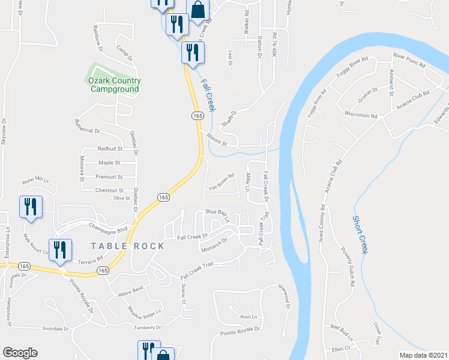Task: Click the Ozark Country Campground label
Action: (x=114, y=85)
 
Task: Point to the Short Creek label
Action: (x=360, y=235)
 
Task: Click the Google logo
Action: (x=20, y=353)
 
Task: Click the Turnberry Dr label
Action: (x=147, y=328)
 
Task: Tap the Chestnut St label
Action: (x=109, y=190)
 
